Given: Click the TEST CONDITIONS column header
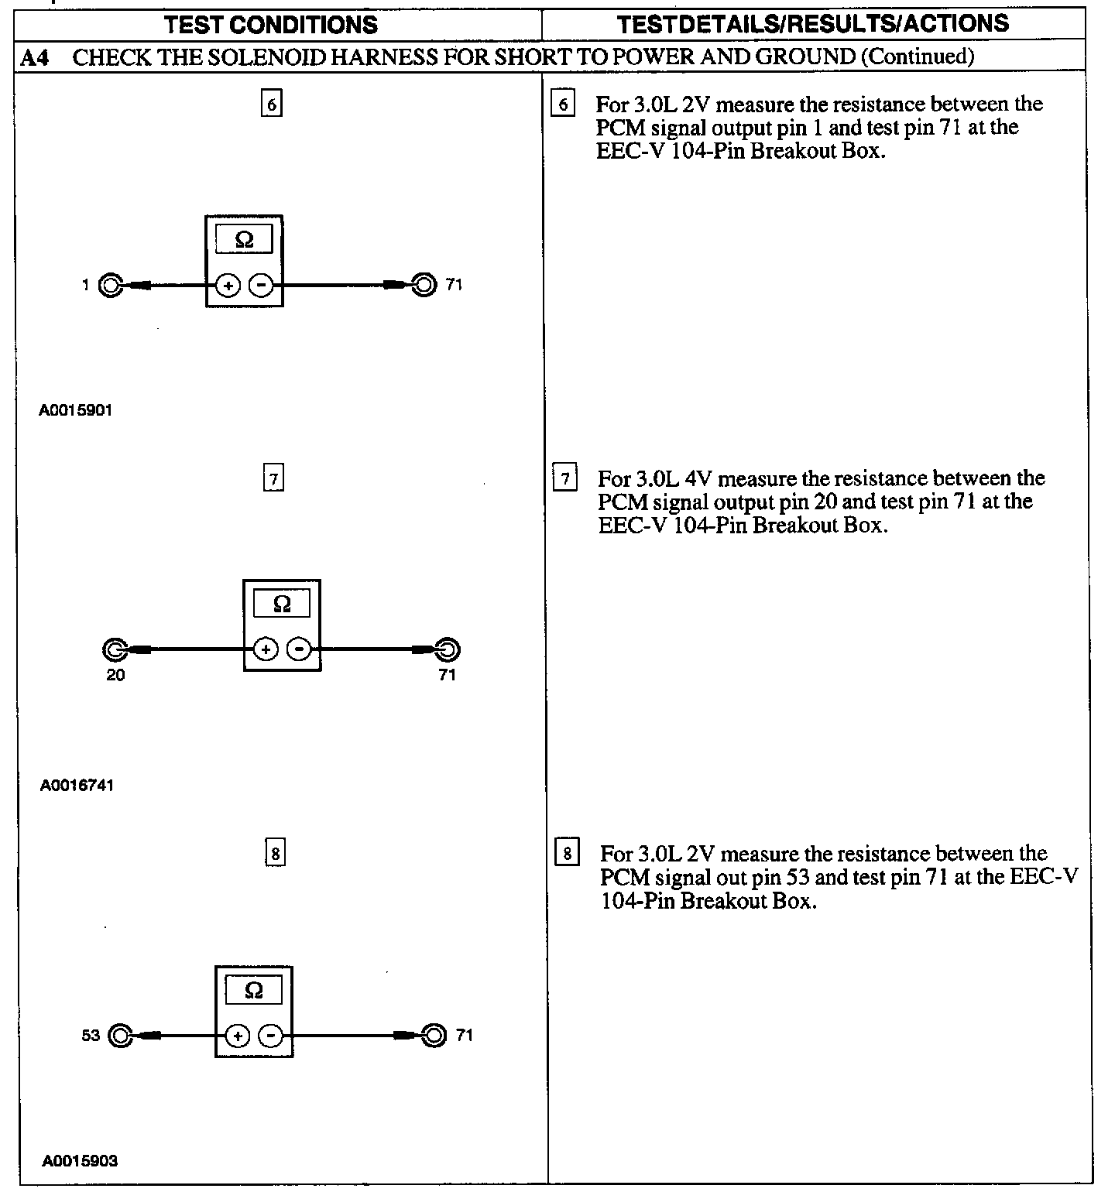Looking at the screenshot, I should click(x=271, y=25).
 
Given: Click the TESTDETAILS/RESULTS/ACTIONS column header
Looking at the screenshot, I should click(x=813, y=24).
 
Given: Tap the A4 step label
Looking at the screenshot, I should click(x=35, y=57).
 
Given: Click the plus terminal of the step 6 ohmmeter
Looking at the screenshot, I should click(x=228, y=286).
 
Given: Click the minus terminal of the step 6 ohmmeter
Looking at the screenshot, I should click(x=261, y=286).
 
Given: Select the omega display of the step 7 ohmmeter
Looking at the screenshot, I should click(x=282, y=604).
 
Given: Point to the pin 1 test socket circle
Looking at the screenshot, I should click(x=111, y=286).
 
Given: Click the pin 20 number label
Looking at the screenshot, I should click(x=115, y=675).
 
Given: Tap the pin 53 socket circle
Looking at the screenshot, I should click(x=120, y=1036).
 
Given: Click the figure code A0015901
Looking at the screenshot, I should click(x=76, y=410).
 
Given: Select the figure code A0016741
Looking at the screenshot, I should click(x=77, y=786).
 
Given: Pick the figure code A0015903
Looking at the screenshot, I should click(x=80, y=1161).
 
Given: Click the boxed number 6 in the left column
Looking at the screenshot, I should click(x=271, y=104).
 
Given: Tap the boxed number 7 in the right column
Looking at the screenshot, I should click(x=565, y=478).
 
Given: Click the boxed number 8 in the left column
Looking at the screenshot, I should click(x=275, y=854).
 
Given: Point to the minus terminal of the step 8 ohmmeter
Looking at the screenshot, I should click(x=270, y=1036).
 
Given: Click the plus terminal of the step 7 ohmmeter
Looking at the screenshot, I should click(x=266, y=649).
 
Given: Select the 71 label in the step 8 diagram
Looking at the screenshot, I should click(x=464, y=1036).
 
